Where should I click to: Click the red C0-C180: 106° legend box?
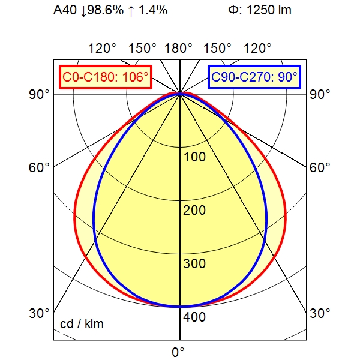tap(106, 77)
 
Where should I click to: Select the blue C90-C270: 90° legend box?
tap(254, 77)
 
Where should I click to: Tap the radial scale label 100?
tap(194, 157)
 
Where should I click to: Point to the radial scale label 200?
tap(194, 210)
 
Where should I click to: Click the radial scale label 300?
tap(194, 263)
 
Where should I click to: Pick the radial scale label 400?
tap(194, 317)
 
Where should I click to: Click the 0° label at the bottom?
tap(178, 352)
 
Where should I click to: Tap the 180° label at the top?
tap(178, 49)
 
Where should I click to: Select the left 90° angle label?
tap(39, 94)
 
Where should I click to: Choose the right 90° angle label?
tap(320, 94)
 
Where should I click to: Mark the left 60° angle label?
tap(39, 167)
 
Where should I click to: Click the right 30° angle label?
tap(320, 313)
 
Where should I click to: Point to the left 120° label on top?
tap(102, 49)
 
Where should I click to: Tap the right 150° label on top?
tap(217, 49)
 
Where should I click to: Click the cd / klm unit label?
tap(82, 324)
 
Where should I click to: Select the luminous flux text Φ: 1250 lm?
tap(260, 10)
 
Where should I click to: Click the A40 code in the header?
tap(65, 10)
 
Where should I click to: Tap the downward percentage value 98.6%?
tap(106, 10)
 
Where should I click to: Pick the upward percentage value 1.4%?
tap(153, 10)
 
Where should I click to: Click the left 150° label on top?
tap(142, 49)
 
